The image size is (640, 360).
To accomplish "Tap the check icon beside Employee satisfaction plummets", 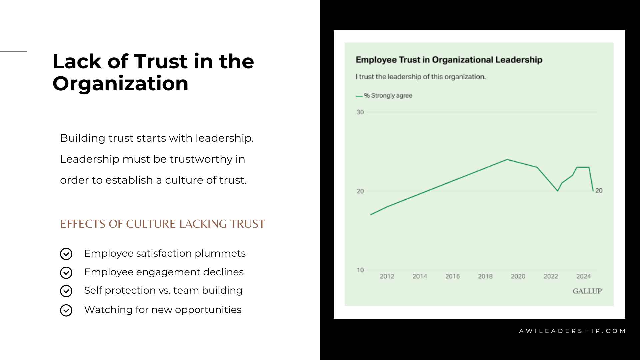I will [x=66, y=254].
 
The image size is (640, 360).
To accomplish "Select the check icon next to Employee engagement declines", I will [x=66, y=273].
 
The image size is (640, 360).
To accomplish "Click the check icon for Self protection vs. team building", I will [x=66, y=291].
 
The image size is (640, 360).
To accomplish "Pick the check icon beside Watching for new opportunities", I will [x=66, y=310].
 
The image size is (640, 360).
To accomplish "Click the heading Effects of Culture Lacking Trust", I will [x=162, y=224].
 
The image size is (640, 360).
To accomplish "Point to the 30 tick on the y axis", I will [x=360, y=112].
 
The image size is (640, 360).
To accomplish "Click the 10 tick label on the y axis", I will [x=360, y=270].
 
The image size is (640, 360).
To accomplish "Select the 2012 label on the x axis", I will [x=387, y=276].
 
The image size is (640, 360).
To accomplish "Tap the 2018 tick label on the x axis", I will [x=485, y=276].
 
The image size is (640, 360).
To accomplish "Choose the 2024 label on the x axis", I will [x=583, y=276].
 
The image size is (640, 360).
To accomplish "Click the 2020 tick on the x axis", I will [x=518, y=276].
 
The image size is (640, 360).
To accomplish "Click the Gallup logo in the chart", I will [x=587, y=291].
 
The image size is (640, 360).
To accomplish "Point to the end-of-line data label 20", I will [x=599, y=191].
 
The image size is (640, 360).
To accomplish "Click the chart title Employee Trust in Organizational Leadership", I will [x=449, y=60].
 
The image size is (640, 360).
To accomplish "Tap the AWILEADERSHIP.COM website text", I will [x=572, y=331].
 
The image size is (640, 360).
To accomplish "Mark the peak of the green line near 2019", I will [x=507, y=159].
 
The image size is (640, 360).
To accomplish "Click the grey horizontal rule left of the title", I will [x=13, y=52].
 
